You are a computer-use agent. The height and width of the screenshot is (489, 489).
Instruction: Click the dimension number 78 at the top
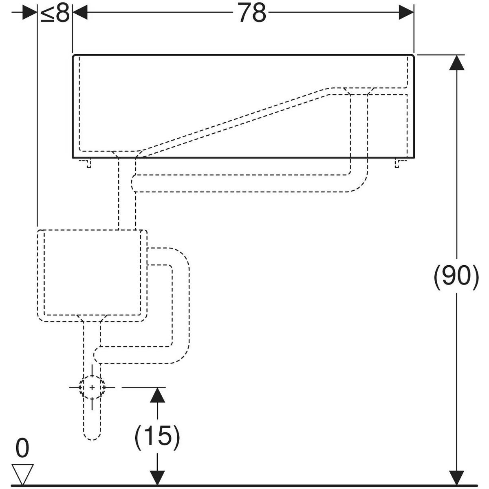point(252,13)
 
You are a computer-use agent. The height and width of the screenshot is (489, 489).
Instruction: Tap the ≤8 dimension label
point(55,14)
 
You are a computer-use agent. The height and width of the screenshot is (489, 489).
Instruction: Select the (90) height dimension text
point(456,277)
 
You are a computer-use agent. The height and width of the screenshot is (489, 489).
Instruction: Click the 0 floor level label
point(22,448)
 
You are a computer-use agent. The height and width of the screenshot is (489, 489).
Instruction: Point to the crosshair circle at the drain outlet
point(92,387)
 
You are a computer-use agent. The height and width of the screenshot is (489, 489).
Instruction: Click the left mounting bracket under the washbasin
point(87,163)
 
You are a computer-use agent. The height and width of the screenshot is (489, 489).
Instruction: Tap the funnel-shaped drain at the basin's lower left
point(127,154)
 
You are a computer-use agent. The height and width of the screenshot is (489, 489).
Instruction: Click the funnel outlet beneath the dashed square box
point(92,318)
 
